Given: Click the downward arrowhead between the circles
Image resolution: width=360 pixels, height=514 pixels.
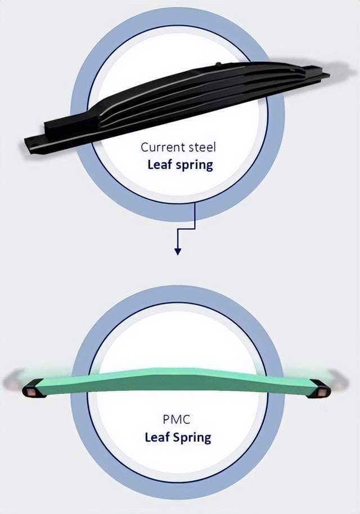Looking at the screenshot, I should click(178, 251).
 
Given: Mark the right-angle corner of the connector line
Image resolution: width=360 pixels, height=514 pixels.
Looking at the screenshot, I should click(195, 228).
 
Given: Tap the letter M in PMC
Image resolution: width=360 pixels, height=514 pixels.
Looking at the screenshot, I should click(178, 419).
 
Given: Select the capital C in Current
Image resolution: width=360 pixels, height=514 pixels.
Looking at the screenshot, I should click(145, 148).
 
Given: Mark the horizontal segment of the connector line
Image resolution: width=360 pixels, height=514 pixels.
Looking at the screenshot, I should click(186, 228).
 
